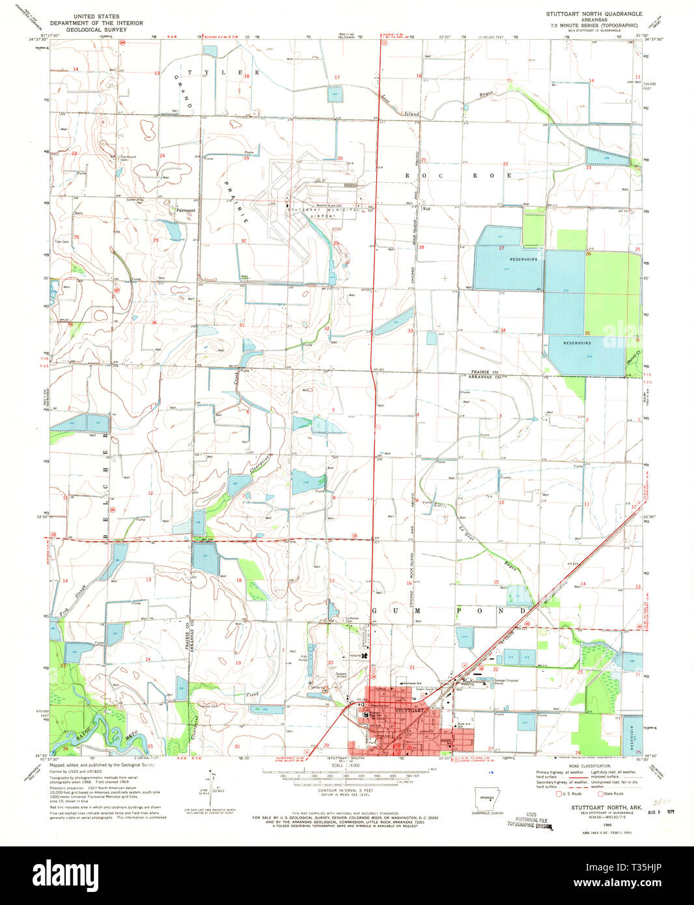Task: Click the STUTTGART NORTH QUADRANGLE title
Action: pyautogui.click(x=594, y=14)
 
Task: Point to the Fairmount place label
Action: pyautogui.click(x=186, y=210)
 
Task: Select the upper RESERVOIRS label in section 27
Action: pyautogui.click(x=523, y=259)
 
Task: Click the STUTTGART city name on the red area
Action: pyautogui.click(x=408, y=711)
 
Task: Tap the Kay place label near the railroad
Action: pyautogui.click(x=427, y=209)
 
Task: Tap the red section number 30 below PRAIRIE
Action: pyautogui.click(x=243, y=241)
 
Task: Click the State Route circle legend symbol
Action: pyautogui.click(x=601, y=794)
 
